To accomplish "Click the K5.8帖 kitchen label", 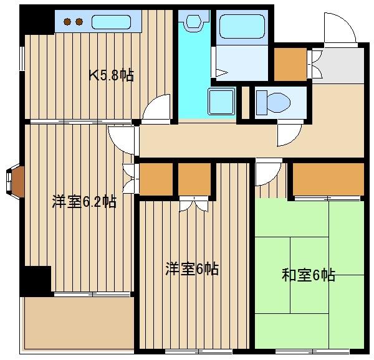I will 111,76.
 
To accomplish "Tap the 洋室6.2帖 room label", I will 84,202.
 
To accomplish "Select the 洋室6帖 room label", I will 191,269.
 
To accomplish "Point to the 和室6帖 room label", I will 309,275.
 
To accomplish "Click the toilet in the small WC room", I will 274,102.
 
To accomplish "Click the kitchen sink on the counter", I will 112,22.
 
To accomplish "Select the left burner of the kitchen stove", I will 68,22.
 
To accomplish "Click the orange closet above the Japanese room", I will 328,179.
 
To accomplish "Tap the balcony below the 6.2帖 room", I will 78,323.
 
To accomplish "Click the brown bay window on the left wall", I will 15,180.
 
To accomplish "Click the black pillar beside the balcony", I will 36,280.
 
